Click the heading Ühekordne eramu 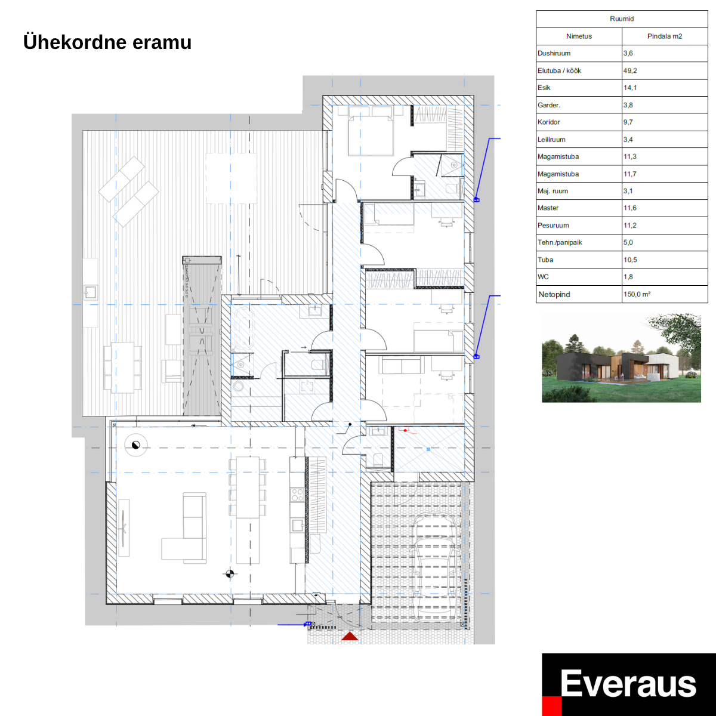107,42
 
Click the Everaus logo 628,684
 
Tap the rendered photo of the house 621,358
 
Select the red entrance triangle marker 350,636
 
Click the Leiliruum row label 551,140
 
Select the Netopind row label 554,294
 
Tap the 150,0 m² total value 637,294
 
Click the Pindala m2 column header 664,36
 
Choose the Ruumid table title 621,19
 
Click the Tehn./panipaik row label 560,242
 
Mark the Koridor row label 549,122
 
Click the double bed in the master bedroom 371,135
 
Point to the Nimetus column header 579,36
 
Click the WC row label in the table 543,277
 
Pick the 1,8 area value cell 628,277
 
